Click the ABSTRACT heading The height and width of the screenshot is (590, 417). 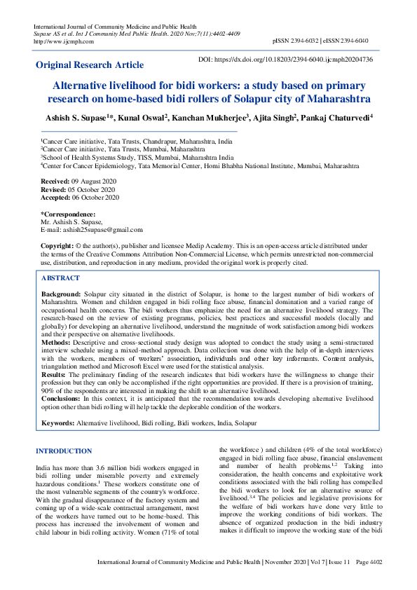(60, 278)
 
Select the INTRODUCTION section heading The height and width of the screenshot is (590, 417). (64, 451)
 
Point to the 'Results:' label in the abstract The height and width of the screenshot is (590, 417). (55, 376)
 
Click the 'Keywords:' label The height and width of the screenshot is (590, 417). (58, 423)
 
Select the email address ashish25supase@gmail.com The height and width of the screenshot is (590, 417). (102, 229)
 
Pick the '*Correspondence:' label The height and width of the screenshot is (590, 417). (68, 214)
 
